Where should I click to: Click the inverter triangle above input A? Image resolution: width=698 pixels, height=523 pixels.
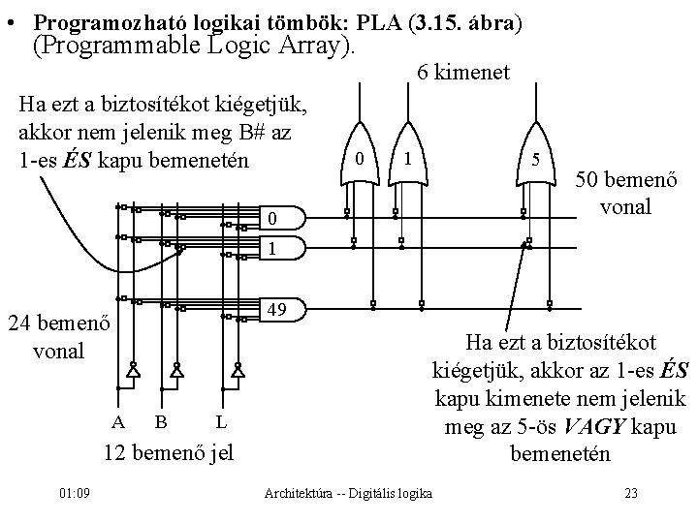click(x=131, y=371)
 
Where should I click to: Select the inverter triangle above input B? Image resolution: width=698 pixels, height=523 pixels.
click(x=175, y=371)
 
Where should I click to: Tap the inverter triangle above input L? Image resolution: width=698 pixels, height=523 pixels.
click(x=238, y=371)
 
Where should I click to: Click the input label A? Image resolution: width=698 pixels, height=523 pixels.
click(x=118, y=422)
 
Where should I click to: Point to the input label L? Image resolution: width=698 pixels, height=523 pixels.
click(x=222, y=422)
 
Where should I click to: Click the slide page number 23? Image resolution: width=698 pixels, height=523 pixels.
click(x=630, y=494)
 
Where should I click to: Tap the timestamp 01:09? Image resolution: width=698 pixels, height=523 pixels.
click(x=75, y=494)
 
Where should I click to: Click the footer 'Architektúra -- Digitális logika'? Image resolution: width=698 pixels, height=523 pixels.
click(x=349, y=495)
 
